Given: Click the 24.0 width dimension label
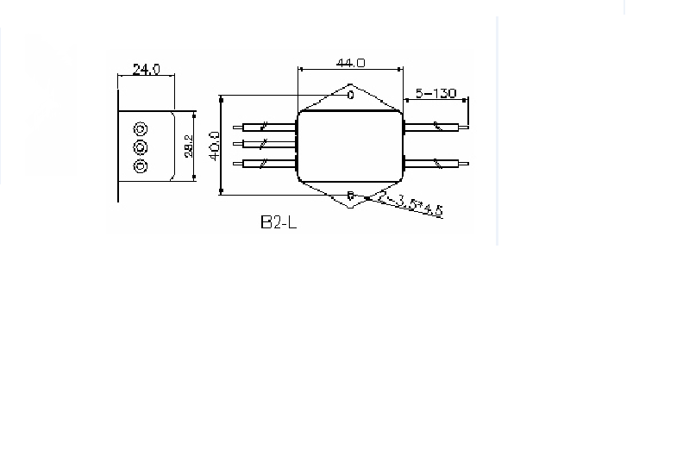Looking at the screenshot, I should point(144,69).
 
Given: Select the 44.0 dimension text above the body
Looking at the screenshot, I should point(350,63).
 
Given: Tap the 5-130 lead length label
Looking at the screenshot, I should point(435,93).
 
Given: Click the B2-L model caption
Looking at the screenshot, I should point(279,222).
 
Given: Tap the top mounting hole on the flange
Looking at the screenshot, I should point(350,95).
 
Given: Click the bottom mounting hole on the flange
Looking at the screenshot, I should point(350,196).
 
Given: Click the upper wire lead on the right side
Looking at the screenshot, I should point(436,128).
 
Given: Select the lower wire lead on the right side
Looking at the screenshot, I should point(436,162).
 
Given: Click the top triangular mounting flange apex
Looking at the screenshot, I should point(350,84).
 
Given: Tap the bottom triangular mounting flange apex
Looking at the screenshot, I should point(350,207).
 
